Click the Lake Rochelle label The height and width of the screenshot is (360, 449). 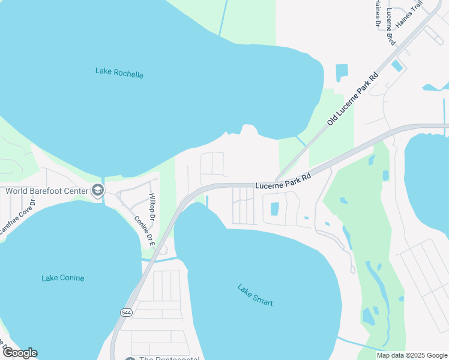click(x=119, y=73)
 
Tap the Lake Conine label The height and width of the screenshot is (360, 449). click(x=63, y=278)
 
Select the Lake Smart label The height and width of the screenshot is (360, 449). click(x=255, y=295)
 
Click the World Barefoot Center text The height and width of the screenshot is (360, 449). click(x=47, y=191)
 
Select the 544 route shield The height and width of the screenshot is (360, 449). click(x=126, y=313)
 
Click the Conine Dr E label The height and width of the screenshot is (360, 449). click(x=144, y=231)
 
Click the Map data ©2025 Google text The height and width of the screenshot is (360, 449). click(x=411, y=355)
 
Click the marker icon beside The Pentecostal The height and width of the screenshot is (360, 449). click(x=130, y=359)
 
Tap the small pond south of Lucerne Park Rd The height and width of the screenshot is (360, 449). click(x=275, y=209)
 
